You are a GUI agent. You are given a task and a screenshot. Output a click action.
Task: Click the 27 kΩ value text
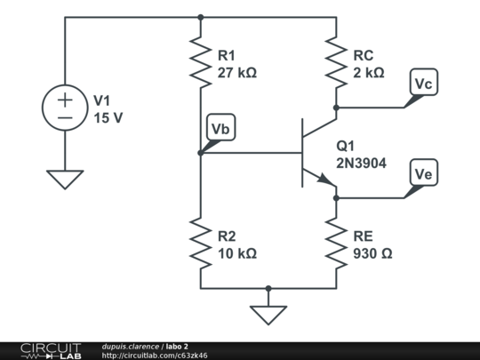tap(236, 73)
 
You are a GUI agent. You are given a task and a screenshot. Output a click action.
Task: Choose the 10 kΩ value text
tap(236, 253)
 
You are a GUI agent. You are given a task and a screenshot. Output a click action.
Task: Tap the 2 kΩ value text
tap(368, 73)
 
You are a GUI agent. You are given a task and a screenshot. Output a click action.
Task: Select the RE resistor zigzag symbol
tap(336, 244)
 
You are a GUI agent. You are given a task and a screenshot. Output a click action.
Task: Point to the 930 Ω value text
tap(372, 253)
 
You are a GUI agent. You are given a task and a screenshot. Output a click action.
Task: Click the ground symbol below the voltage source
tap(65, 179)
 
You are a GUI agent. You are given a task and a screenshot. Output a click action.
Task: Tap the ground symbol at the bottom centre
tap(268, 314)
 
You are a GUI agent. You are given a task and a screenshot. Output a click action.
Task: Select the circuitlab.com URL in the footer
tap(155, 356)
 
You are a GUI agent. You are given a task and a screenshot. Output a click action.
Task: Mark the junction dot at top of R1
tap(201, 17)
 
